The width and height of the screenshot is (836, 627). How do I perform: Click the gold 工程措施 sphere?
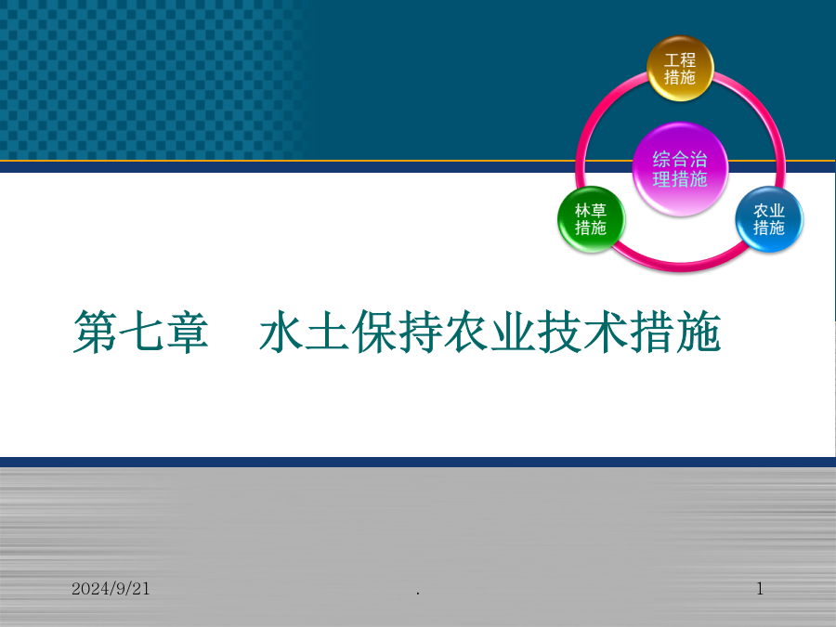coord(680,68)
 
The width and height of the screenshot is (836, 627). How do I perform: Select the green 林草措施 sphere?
coord(591,219)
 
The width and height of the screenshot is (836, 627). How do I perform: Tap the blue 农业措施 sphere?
coord(769,219)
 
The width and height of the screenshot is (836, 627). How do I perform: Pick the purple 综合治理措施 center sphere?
coord(680,169)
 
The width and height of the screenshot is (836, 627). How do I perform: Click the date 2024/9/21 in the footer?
coord(111,589)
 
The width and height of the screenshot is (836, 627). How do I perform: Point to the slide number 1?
coord(760,589)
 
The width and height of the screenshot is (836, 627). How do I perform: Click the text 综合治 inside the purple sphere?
coord(680,160)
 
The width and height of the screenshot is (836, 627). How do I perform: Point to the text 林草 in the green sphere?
coord(591,210)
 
